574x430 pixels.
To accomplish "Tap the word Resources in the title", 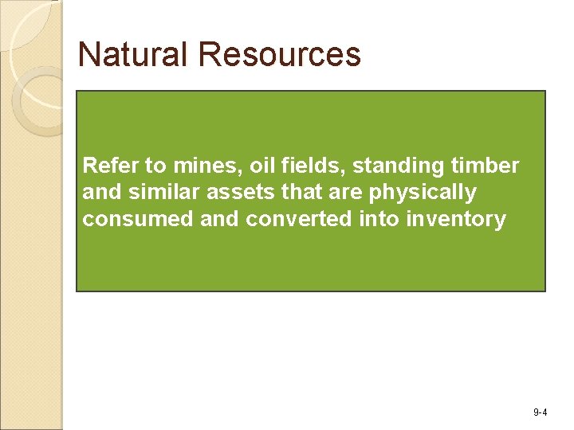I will tap(280, 55).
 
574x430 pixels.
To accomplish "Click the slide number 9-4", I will tap(540, 412).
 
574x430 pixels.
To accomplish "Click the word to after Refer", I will tap(156, 166).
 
